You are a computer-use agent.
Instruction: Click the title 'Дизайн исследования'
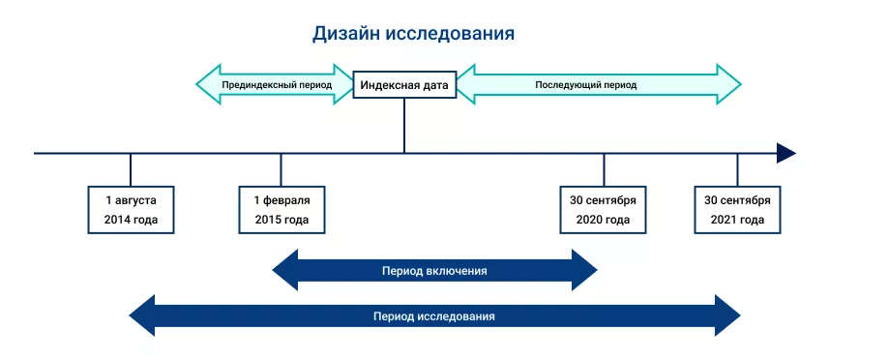413,34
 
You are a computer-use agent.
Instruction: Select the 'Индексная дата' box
404,85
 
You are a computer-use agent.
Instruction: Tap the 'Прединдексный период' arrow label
277,85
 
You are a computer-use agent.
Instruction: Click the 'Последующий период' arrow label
586,85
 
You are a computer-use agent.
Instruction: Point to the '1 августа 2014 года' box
131,210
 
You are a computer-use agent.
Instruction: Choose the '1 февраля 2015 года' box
281,210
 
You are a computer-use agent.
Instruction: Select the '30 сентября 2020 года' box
603,210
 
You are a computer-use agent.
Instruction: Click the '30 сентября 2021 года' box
737,210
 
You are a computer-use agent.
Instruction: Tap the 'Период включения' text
434,271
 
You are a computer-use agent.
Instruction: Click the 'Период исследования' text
434,316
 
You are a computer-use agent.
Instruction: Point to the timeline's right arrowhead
785,153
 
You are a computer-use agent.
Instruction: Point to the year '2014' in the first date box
117,221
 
